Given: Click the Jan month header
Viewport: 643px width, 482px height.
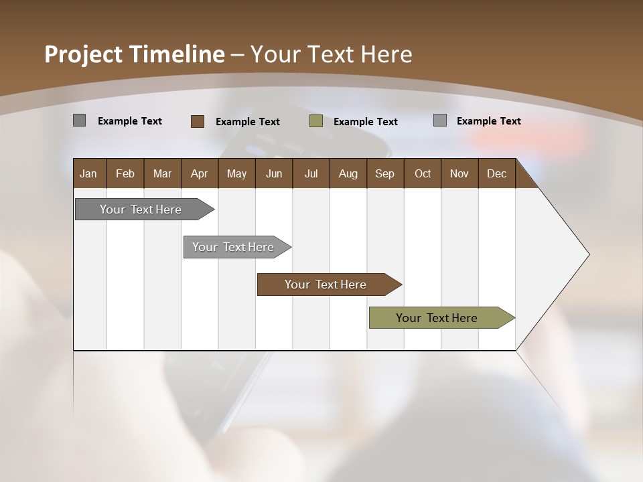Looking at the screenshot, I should (88, 173).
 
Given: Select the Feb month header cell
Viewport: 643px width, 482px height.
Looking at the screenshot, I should (125, 173).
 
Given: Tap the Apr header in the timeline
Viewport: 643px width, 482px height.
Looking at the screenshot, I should (199, 173).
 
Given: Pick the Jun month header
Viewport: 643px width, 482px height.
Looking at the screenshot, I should (274, 173).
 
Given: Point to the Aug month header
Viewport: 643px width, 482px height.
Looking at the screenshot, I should (348, 173).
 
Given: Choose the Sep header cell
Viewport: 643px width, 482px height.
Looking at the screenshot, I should (384, 173).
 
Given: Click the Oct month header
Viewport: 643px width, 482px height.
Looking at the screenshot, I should (423, 173).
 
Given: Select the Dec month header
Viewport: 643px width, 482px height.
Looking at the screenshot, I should (496, 173).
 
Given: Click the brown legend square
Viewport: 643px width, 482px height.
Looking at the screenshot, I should (197, 121).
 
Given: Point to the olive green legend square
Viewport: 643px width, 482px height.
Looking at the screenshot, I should (316, 121).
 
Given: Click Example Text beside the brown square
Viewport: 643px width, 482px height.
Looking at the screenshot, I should (248, 122).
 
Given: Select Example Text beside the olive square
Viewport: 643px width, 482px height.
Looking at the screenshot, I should (366, 122).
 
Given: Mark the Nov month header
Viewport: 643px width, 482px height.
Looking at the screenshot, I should (459, 173).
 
